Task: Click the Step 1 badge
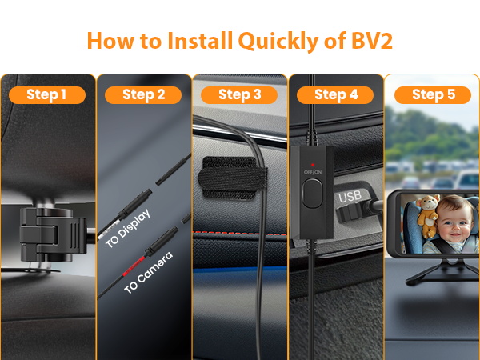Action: tap(47, 95)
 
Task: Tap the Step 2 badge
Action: tap(144, 95)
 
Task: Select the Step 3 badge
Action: tap(239, 95)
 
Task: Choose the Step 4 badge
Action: tap(335, 95)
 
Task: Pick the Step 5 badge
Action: tap(433, 95)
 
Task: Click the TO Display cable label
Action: tap(129, 227)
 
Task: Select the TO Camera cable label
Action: tap(148, 272)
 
